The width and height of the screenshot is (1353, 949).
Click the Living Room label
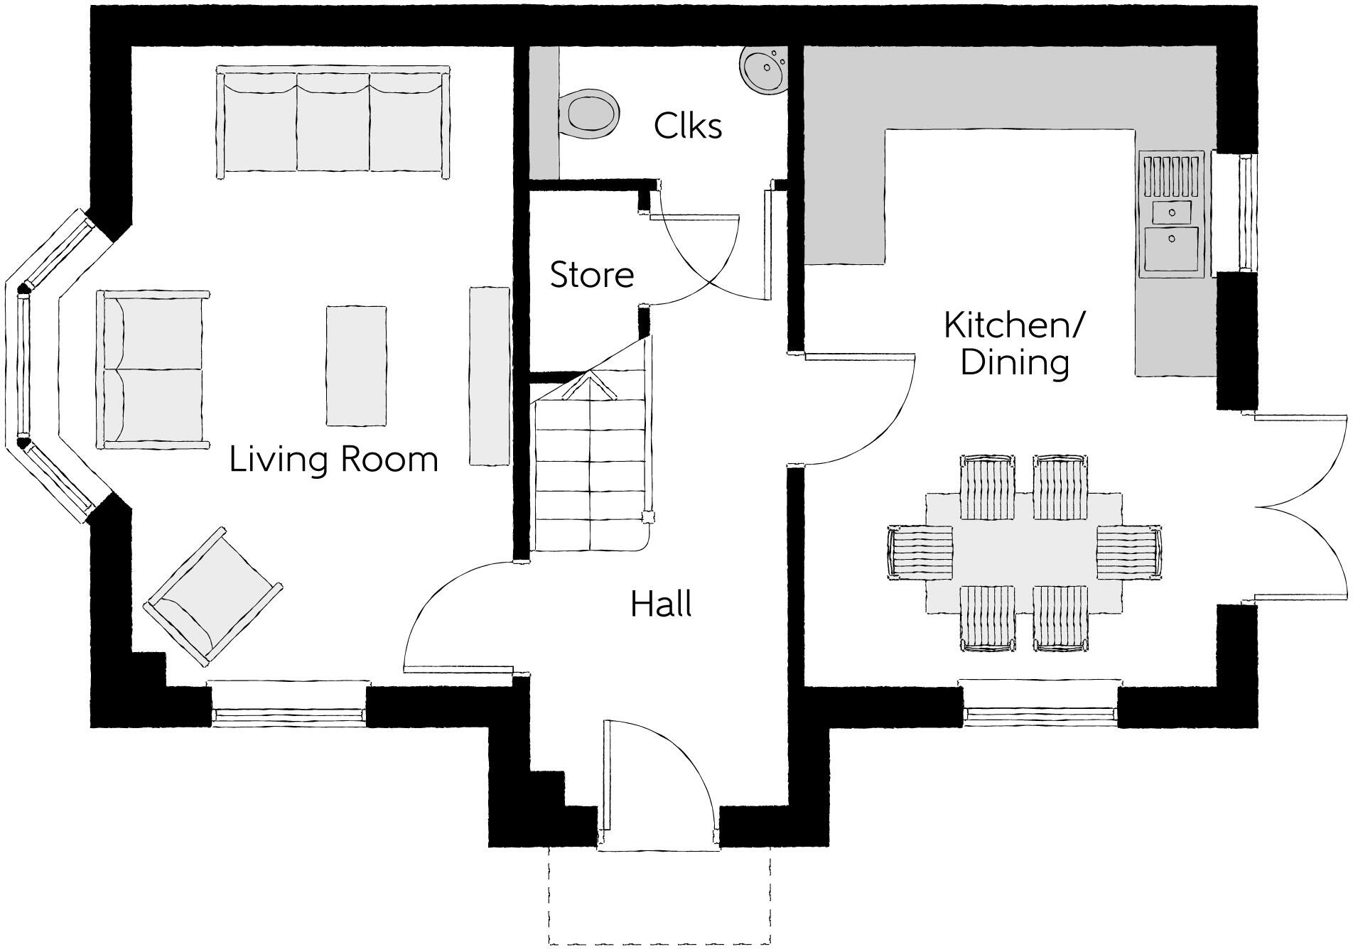tap(333, 460)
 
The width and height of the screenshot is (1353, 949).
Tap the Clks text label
tap(687, 126)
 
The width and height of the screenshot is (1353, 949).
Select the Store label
tap(592, 275)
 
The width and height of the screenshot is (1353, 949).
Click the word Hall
tap(661, 604)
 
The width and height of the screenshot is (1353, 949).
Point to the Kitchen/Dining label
tap(1014, 345)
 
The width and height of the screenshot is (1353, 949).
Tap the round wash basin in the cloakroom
tap(765, 70)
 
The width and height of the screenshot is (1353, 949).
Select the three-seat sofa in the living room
tap(333, 122)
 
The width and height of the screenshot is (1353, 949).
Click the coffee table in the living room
tap(356, 366)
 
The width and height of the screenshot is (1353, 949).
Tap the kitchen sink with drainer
tap(1172, 213)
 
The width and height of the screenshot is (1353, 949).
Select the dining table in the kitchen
tap(1023, 553)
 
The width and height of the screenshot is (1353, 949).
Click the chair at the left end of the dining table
tap(920, 553)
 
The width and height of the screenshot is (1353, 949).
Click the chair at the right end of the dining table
tap(1128, 552)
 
